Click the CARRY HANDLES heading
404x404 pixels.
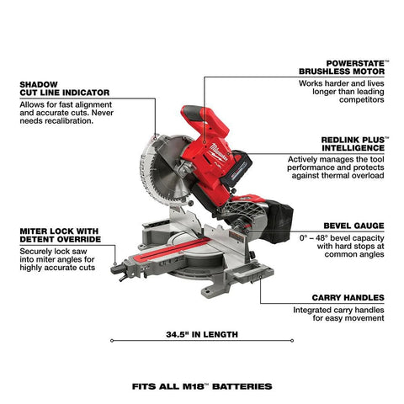tap(350, 297)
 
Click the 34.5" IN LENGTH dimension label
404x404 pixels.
tap(201, 334)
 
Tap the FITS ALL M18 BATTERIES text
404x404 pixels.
tap(201, 387)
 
